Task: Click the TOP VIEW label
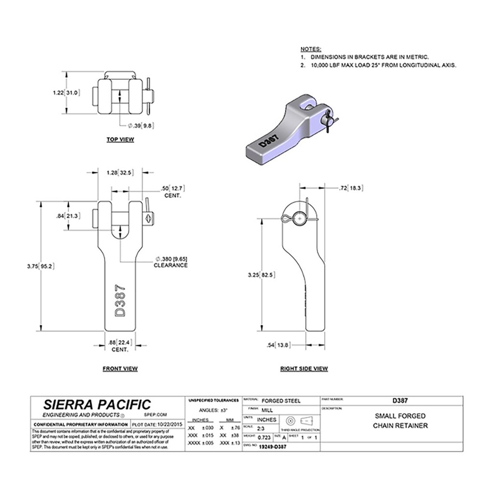[120, 140]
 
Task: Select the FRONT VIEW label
[120, 369]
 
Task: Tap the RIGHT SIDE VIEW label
[304, 369]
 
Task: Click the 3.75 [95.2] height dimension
[53, 265]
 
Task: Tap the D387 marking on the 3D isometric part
[269, 142]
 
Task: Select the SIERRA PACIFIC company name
[97, 405]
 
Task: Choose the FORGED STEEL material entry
[281, 400]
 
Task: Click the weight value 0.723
[264, 437]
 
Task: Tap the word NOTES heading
[311, 50]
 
